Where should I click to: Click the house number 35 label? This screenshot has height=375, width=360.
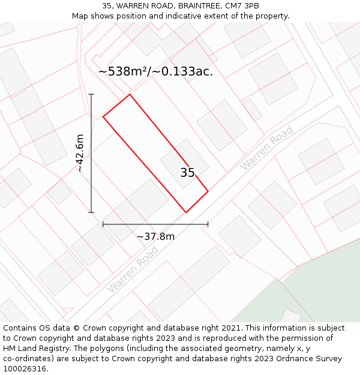click(x=187, y=173)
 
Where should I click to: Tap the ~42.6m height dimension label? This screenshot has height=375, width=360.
click(x=80, y=153)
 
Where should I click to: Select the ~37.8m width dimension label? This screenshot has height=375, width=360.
click(x=155, y=236)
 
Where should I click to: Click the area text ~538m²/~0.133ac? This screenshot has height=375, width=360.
click(x=155, y=72)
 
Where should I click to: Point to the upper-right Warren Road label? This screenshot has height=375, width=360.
click(x=266, y=147)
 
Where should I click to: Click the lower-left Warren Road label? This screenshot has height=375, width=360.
click(x=133, y=271)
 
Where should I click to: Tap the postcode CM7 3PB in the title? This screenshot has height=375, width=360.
click(x=242, y=6)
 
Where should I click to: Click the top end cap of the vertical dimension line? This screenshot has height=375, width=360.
click(x=91, y=95)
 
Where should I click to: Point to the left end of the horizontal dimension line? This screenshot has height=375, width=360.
click(x=103, y=224)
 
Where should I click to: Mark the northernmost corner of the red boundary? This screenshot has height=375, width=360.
click(x=130, y=94)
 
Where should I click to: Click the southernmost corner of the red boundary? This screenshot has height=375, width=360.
click(x=186, y=212)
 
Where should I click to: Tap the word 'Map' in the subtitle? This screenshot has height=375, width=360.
click(x=81, y=16)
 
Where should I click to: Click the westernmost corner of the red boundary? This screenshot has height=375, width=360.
click(x=103, y=116)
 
